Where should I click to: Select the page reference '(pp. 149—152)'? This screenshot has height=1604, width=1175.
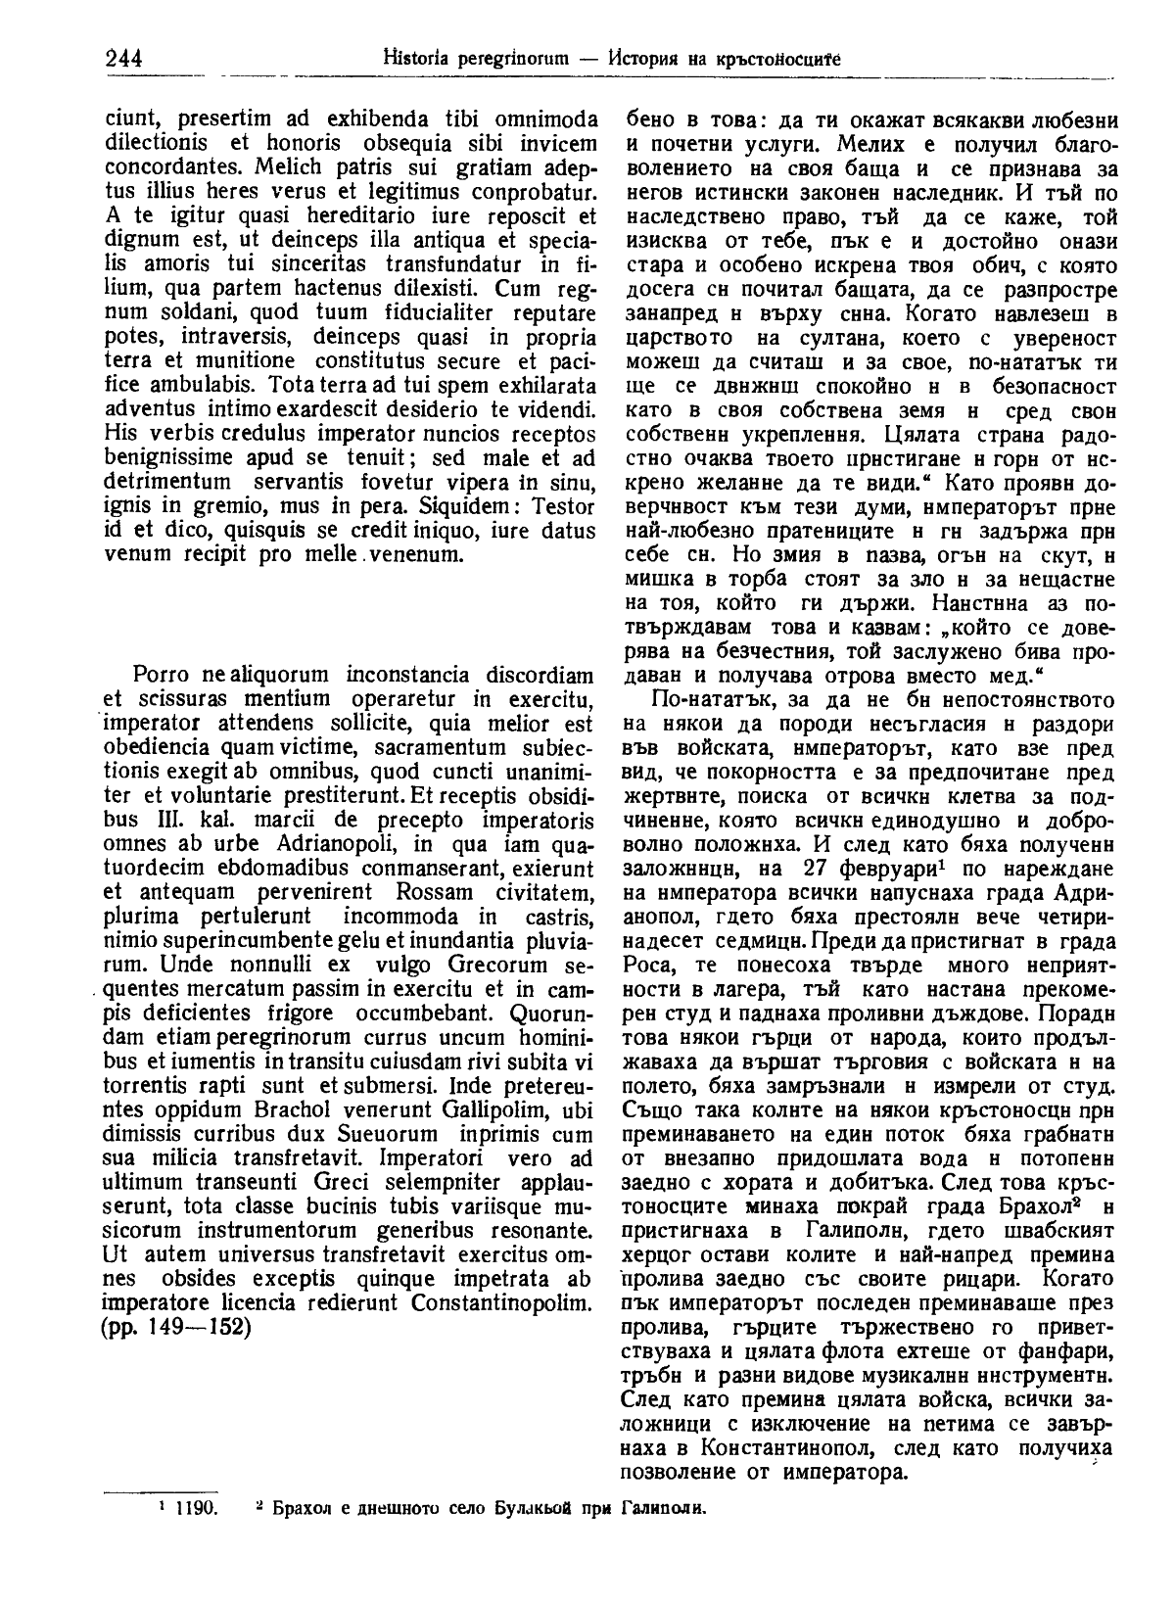click(177, 1330)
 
